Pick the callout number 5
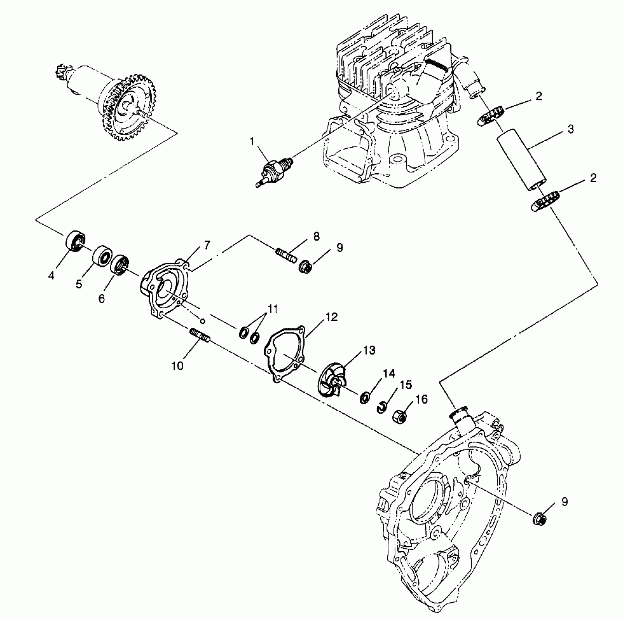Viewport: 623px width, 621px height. tap(79, 284)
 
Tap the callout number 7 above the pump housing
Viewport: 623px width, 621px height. tap(207, 245)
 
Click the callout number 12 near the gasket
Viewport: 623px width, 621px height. tap(332, 317)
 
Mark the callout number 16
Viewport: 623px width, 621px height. tap(421, 399)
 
